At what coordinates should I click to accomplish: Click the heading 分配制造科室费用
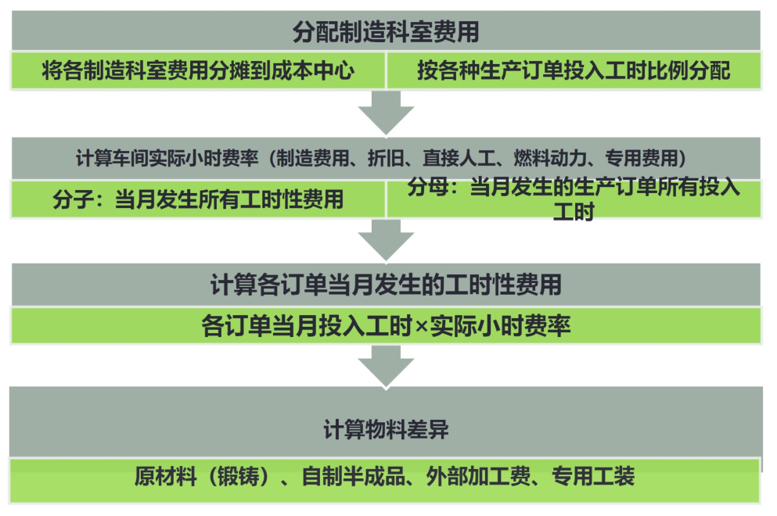click(386, 32)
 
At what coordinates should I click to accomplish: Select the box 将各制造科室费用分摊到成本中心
click(198, 71)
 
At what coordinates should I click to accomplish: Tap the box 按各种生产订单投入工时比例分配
click(574, 71)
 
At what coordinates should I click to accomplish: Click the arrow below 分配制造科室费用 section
click(386, 113)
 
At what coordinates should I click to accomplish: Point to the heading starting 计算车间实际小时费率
click(386, 159)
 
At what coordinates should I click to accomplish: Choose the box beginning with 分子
click(198, 199)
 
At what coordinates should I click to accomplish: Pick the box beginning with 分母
click(574, 199)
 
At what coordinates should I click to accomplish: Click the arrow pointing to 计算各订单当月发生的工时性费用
click(386, 240)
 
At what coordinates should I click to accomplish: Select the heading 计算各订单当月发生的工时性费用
click(386, 284)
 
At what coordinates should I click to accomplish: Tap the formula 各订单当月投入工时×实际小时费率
click(386, 325)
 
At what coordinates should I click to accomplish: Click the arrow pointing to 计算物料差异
click(386, 365)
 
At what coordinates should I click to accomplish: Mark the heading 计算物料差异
click(386, 430)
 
